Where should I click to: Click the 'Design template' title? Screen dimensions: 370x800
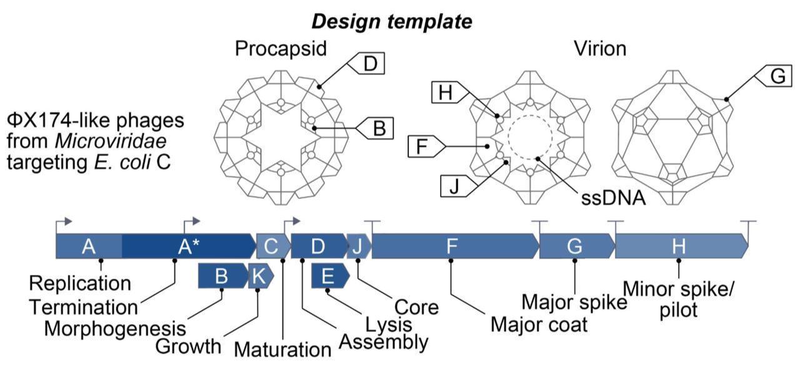point(391,21)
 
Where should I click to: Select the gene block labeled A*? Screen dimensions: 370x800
point(188,246)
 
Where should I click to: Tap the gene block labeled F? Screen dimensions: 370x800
point(452,246)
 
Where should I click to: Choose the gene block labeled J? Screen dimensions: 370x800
point(358,246)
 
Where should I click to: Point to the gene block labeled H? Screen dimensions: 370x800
point(679,246)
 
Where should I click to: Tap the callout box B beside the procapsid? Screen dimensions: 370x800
point(377,129)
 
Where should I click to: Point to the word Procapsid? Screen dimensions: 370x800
point(281,49)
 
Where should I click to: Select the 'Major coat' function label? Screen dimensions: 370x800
point(539,324)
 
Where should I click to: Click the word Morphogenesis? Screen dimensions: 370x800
point(115,328)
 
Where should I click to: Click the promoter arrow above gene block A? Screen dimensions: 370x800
point(64,222)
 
